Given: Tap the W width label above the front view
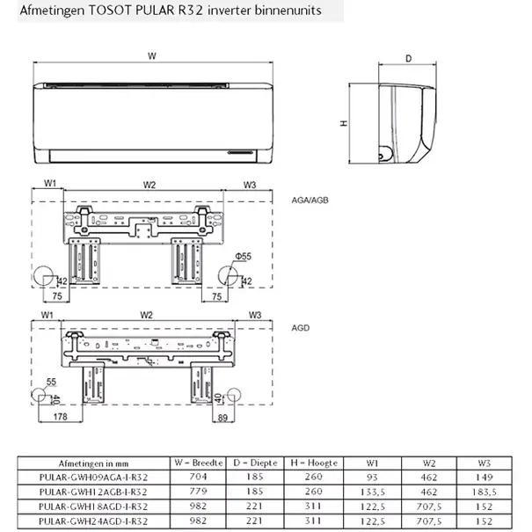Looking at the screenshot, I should pos(152,56).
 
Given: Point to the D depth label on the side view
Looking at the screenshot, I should pos(408,60).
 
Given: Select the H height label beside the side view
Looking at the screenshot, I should pos(343,124).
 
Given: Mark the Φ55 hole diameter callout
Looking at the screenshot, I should pos(244,256).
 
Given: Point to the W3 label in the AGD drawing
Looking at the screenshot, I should pos(255,315).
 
